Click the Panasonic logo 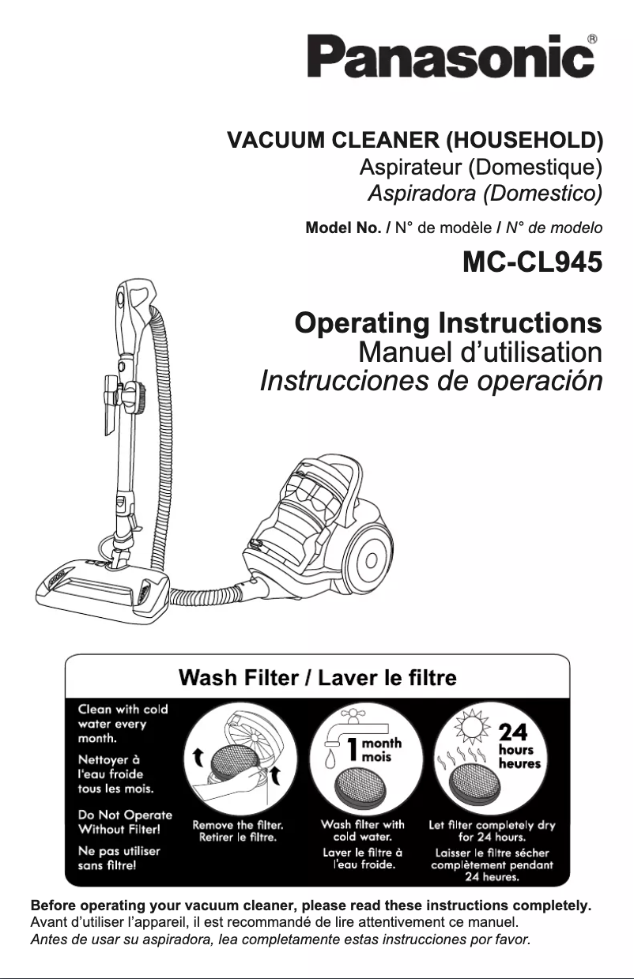(451, 56)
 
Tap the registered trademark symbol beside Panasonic (591, 39)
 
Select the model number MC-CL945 (532, 262)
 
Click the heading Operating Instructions (448, 324)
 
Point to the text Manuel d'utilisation (481, 352)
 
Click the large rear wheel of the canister (372, 560)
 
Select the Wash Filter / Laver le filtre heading (318, 678)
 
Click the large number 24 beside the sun (513, 732)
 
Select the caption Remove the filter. (238, 825)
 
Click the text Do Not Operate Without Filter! (125, 822)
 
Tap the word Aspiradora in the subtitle (421, 193)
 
